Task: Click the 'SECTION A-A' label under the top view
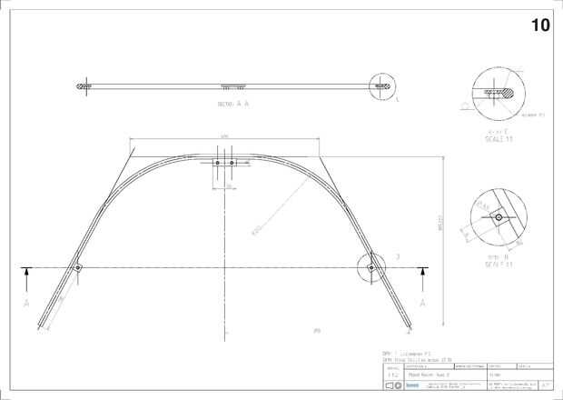(232, 105)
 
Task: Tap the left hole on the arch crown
(216, 163)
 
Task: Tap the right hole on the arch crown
(232, 163)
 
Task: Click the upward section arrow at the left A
(28, 273)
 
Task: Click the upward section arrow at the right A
(421, 273)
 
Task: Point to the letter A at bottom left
(28, 301)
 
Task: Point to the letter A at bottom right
(421, 301)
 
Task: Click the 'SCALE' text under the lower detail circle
(496, 264)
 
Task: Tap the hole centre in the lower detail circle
(499, 218)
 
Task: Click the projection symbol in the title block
(392, 385)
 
